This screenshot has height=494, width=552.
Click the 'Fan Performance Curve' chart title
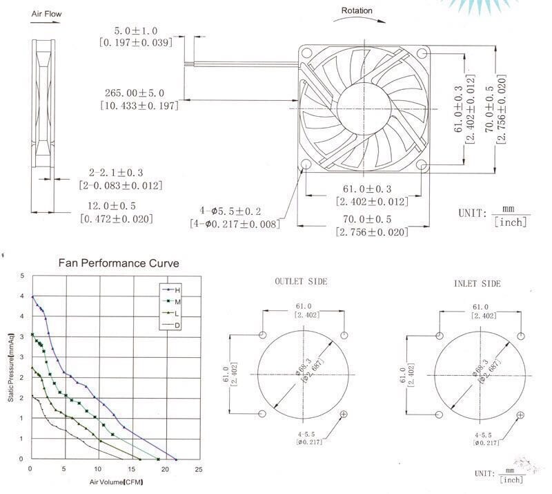click(x=118, y=263)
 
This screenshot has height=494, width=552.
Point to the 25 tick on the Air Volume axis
click(x=198, y=470)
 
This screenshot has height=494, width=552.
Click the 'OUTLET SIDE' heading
click(x=301, y=282)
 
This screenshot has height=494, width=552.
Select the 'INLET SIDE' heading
click(x=477, y=284)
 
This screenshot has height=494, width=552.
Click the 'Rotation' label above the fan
click(x=356, y=10)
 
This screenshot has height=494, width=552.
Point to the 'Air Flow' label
click(x=46, y=13)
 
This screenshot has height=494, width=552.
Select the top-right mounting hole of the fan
click(x=423, y=53)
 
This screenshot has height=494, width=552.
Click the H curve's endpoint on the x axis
click(x=175, y=459)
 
